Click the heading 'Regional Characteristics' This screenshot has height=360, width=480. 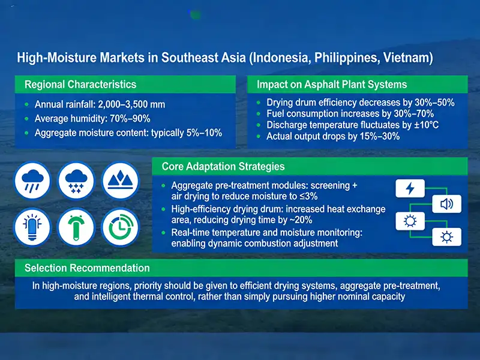80,85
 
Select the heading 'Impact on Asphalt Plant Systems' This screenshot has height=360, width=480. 332,85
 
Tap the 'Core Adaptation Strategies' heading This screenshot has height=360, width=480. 223,166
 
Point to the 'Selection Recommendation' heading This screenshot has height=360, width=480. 87,268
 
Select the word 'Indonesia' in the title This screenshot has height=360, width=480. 278,58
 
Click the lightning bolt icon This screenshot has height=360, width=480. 410,188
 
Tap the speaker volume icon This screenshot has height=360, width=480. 447,205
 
